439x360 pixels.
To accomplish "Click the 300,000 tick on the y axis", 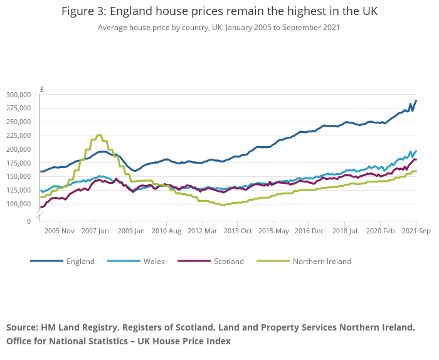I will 18,95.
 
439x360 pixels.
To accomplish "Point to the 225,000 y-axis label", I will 18,135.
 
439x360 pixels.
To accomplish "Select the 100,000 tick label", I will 18,204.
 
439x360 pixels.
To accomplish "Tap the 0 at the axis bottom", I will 28,221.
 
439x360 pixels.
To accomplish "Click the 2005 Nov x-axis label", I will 60,231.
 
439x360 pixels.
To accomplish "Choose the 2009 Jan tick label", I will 130,231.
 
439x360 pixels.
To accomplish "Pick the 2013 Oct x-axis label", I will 237,231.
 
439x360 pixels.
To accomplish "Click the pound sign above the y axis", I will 42,89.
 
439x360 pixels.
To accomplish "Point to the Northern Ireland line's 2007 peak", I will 98,135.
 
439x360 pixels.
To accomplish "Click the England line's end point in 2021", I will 416,100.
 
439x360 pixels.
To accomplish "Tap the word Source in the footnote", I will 22,328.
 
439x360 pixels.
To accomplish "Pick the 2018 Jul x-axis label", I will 345,231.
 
